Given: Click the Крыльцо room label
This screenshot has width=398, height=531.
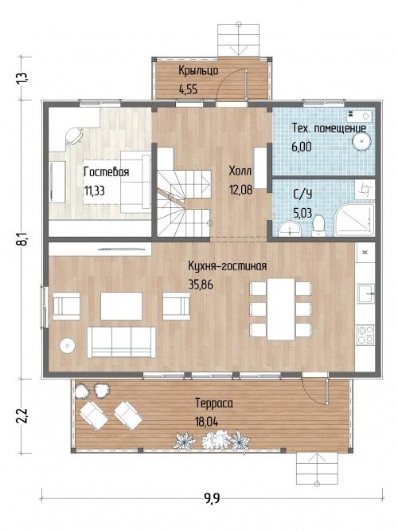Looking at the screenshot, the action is (198, 71).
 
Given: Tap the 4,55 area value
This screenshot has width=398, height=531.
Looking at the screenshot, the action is (188, 89).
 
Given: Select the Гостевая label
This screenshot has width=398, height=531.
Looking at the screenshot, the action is (106, 171).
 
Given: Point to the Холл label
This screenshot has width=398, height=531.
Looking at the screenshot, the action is (240, 171).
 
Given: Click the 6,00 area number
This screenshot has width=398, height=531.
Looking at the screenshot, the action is (302, 147).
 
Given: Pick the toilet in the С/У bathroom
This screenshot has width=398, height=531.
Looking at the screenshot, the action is (318, 226).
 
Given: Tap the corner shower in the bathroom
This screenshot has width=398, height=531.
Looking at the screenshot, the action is (355, 219).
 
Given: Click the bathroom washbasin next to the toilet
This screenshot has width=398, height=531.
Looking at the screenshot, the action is (290, 228).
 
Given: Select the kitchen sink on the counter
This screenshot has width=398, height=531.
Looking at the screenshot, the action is (366, 293).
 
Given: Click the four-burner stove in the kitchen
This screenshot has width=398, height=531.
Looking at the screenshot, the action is (365, 335).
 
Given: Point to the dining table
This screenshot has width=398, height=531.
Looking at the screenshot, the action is (281, 309).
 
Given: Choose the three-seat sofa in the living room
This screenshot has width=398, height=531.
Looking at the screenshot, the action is (122, 342).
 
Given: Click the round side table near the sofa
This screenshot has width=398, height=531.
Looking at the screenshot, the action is (68, 345).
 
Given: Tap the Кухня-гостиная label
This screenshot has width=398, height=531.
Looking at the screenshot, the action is (227, 266).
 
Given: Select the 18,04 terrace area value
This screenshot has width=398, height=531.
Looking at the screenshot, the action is (207, 422).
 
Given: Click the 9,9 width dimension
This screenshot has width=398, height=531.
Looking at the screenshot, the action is (212, 498).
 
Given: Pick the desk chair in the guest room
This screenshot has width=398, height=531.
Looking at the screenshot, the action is (74, 136).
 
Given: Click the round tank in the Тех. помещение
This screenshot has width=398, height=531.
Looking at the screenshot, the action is (362, 141).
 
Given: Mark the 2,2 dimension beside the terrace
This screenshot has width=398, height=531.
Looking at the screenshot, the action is (23, 416).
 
